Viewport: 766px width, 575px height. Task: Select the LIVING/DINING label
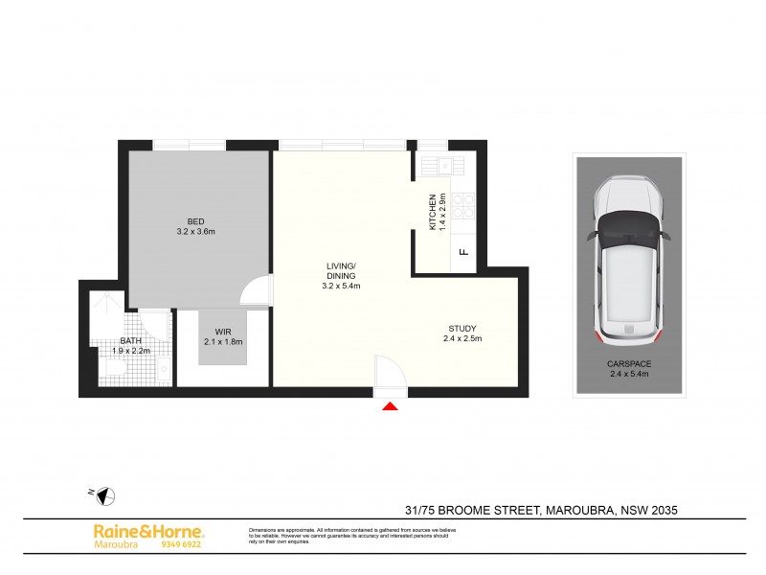click(x=341, y=270)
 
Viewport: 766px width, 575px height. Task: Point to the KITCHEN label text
click(x=433, y=212)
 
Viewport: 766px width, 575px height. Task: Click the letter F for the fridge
click(x=462, y=253)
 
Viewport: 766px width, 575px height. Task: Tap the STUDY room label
click(x=462, y=328)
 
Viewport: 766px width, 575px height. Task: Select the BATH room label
click(x=130, y=340)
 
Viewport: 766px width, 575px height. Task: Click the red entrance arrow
click(x=390, y=407)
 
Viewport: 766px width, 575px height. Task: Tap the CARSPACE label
click(x=629, y=363)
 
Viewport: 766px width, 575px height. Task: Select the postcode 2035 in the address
click(x=664, y=511)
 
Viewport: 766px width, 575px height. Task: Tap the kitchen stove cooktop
click(x=462, y=203)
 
